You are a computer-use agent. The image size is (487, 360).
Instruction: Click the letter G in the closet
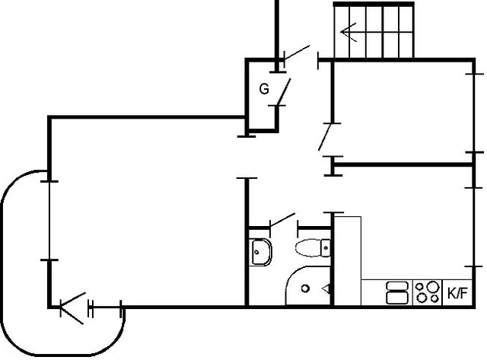click(264, 89)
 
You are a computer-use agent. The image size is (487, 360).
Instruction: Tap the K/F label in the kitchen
click(457, 292)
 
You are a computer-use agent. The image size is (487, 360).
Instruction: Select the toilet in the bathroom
click(313, 247)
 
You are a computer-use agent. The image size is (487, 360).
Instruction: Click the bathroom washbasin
click(261, 252)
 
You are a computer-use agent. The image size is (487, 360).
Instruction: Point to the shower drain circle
click(305, 288)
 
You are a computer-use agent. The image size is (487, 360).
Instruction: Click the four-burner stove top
click(428, 292)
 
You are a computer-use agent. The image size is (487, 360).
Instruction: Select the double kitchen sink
click(397, 292)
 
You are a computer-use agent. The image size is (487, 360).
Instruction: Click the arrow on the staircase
click(349, 32)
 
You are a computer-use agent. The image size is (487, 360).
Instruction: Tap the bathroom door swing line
click(282, 219)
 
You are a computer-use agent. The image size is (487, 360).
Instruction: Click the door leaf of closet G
click(284, 92)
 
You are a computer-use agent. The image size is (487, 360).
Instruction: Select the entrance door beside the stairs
click(297, 53)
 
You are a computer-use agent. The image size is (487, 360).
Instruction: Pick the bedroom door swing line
click(325, 137)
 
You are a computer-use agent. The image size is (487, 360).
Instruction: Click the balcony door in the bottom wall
click(72, 308)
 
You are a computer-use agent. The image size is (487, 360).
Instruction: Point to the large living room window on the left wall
click(49, 221)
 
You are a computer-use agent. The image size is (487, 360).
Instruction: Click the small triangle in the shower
click(326, 289)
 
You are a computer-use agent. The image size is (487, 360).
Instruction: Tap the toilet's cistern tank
click(326, 247)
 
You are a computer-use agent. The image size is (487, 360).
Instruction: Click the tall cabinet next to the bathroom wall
click(347, 261)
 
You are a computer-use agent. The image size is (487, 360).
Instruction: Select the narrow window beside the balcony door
click(106, 308)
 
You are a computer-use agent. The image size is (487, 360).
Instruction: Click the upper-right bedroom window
click(474, 113)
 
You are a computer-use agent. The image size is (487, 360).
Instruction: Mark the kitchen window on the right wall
click(474, 227)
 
